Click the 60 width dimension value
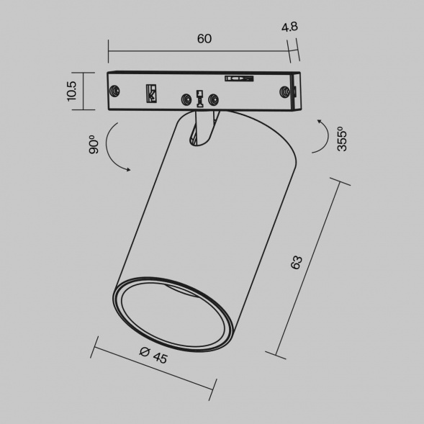point(204,39)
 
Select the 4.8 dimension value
point(290,27)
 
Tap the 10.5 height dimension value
point(71,91)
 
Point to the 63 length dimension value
point(297,262)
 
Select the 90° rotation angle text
point(91,146)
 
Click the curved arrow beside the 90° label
point(112,148)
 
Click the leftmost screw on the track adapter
point(114,91)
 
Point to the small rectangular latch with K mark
point(151,92)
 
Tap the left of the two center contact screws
point(187,98)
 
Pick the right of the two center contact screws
point(212,98)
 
